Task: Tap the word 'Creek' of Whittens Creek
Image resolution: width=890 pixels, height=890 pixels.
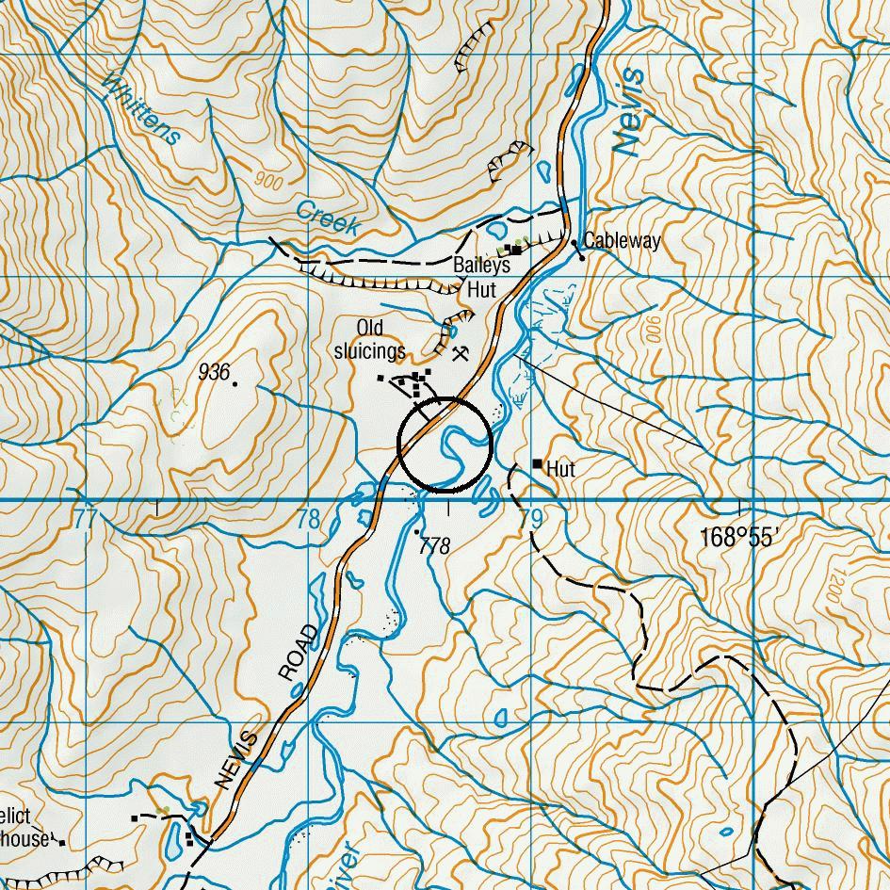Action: pyautogui.click(x=328, y=218)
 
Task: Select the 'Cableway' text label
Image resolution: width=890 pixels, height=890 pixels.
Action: pyautogui.click(x=622, y=241)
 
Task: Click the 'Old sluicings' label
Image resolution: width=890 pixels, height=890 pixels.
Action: pyautogui.click(x=370, y=340)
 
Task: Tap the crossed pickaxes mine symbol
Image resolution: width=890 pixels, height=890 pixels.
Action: pyautogui.click(x=461, y=355)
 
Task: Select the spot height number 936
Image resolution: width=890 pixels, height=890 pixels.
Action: pyautogui.click(x=214, y=373)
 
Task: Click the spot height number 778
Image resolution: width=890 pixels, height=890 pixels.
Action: pyautogui.click(x=435, y=545)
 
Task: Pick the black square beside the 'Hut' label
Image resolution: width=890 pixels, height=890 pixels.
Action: pyautogui.click(x=537, y=463)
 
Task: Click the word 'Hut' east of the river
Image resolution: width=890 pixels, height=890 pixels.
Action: pyautogui.click(x=560, y=469)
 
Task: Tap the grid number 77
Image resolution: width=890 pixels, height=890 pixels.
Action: pyautogui.click(x=86, y=519)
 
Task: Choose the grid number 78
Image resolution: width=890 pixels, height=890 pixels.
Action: pyautogui.click(x=308, y=519)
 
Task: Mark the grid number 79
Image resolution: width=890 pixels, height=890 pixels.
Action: pyautogui.click(x=531, y=519)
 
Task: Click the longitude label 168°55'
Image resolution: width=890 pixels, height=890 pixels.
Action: pyautogui.click(x=739, y=538)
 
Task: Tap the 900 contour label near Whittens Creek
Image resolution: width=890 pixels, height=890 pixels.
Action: pyautogui.click(x=267, y=181)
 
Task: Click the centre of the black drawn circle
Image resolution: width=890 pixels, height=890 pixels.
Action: pyautogui.click(x=445, y=445)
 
